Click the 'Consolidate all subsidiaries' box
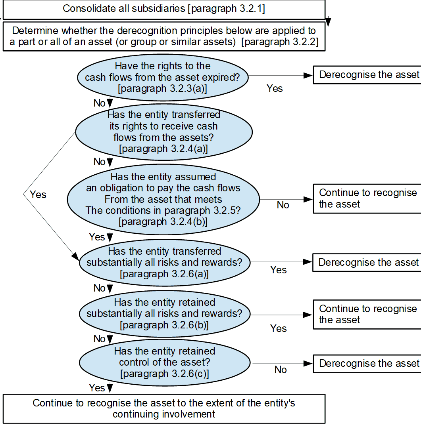(x=163, y=9)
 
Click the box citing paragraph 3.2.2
(x=163, y=36)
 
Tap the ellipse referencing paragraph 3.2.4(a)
(x=163, y=132)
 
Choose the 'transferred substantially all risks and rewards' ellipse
(x=164, y=262)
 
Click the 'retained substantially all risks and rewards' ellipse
(x=164, y=313)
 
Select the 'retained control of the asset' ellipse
(x=164, y=362)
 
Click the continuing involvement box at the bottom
(x=163, y=409)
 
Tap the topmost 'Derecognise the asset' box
(x=367, y=75)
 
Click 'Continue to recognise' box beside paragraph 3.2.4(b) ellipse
(x=367, y=198)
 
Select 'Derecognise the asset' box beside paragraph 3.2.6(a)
(x=367, y=262)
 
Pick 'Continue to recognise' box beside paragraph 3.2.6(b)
(x=367, y=314)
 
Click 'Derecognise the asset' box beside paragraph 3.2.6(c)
(x=367, y=363)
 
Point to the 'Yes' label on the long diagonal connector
(x=38, y=195)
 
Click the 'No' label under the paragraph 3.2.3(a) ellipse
(x=99, y=103)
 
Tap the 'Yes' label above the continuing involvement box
(x=96, y=388)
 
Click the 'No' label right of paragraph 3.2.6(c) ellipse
(x=280, y=370)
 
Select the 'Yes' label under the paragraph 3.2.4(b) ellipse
(x=96, y=237)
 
